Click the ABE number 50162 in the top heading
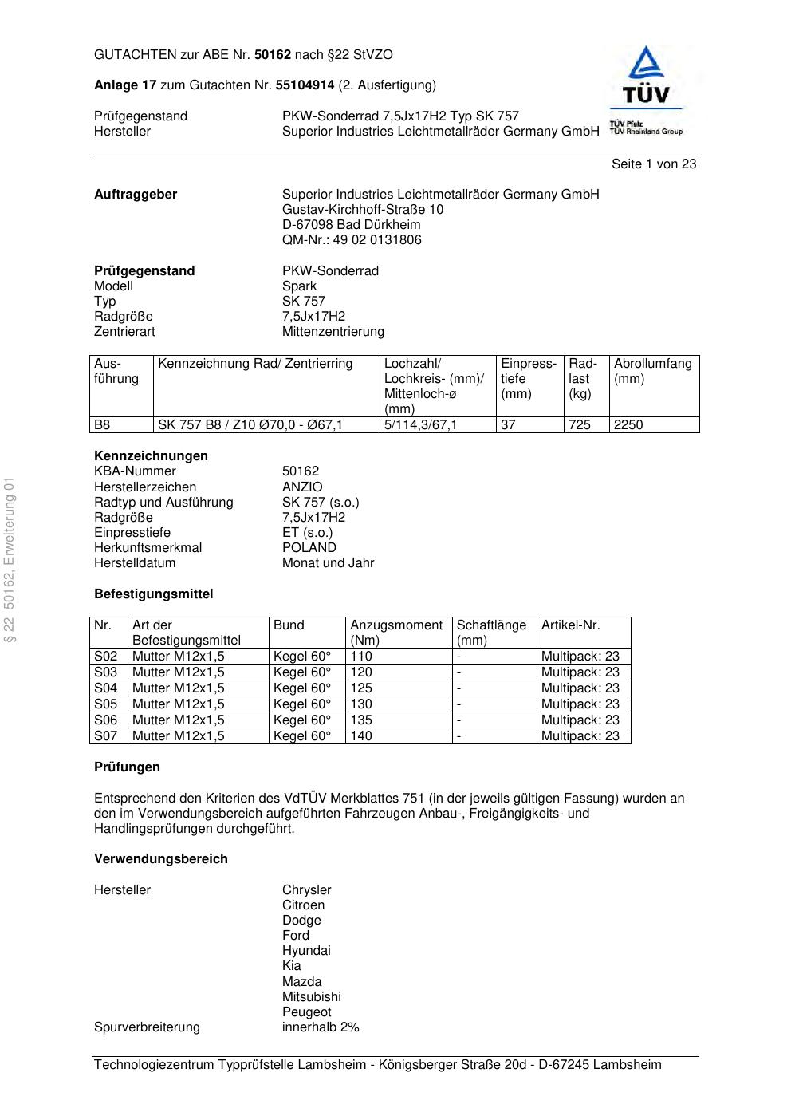pyautogui.click(x=273, y=55)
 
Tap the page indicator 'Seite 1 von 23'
pyautogui.click(x=654, y=164)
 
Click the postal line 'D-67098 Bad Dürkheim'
pyautogui.click(x=351, y=225)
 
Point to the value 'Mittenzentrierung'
pyautogui.click(x=333, y=332)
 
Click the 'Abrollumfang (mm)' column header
pyautogui.click(x=652, y=371)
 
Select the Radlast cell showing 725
pyautogui.click(x=580, y=425)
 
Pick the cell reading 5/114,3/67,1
pyautogui.click(x=421, y=425)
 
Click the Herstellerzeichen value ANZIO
pyautogui.click(x=302, y=487)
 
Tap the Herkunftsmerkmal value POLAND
pyautogui.click(x=309, y=548)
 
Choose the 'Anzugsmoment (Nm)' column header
pyautogui.click(x=396, y=632)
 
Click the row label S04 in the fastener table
pyautogui.click(x=106, y=688)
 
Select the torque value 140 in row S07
pyautogui.click(x=361, y=736)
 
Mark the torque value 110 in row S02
pyautogui.click(x=361, y=657)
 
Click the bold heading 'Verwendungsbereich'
pyautogui.click(x=161, y=859)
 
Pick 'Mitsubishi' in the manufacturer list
pyautogui.click(x=311, y=997)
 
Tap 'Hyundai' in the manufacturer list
pyautogui.click(x=306, y=951)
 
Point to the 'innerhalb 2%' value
pyautogui.click(x=321, y=1027)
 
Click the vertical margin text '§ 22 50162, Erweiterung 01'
pyautogui.click(x=10, y=558)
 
